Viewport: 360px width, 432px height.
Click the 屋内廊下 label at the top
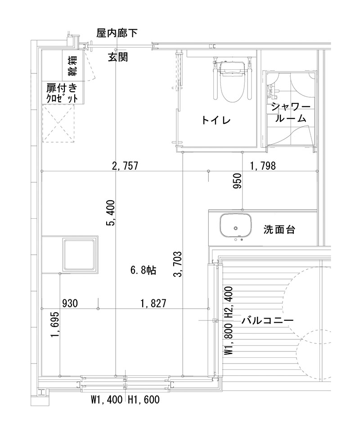coord(117,32)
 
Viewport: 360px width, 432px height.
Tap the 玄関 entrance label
coord(118,57)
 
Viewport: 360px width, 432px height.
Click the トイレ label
coord(216,120)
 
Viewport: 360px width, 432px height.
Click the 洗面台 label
coord(279,229)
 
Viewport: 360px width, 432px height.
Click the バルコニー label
coord(267,320)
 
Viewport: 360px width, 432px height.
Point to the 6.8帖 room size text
coord(143,270)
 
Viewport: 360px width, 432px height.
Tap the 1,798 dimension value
coord(263,166)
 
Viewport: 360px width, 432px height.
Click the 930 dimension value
coord(70,303)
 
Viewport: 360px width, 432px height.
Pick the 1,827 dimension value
coord(153,303)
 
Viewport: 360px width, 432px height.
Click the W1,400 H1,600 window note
coord(125,399)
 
